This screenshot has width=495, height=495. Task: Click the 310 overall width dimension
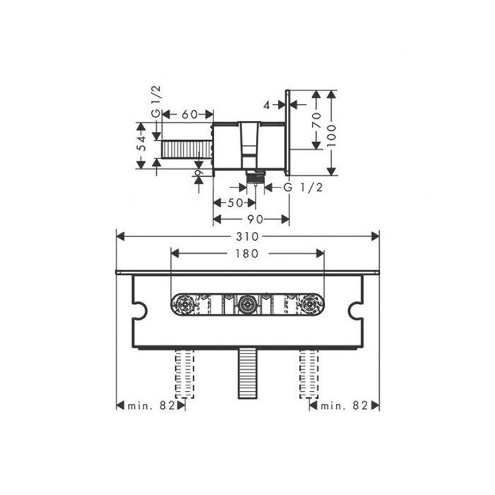248,236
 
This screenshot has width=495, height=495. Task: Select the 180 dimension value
248,253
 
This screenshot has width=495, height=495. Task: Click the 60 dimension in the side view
189,114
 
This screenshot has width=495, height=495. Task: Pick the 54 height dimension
142,144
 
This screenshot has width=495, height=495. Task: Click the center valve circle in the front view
248,305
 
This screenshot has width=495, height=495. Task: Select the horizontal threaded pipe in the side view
187,150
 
